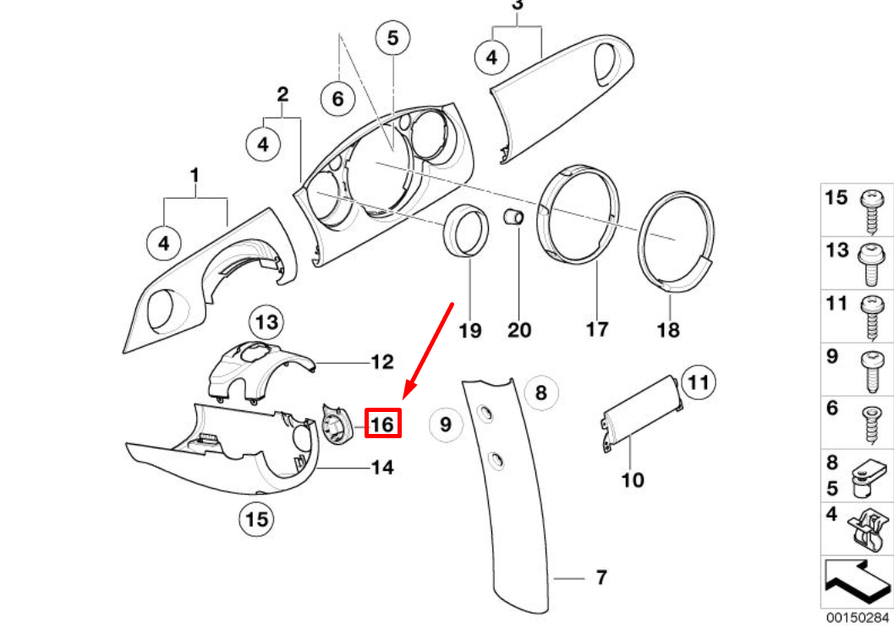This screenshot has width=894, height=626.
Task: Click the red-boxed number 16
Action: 383,422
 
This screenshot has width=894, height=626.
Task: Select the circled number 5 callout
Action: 392,38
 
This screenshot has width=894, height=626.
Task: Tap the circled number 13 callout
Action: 267,322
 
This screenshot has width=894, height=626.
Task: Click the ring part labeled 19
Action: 467,229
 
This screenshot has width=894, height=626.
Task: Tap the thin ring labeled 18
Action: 677,241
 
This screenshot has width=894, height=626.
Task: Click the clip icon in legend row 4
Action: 869,528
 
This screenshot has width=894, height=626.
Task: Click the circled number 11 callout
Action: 699,383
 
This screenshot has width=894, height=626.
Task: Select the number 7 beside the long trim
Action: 601,579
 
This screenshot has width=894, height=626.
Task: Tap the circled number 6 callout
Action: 337,99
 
